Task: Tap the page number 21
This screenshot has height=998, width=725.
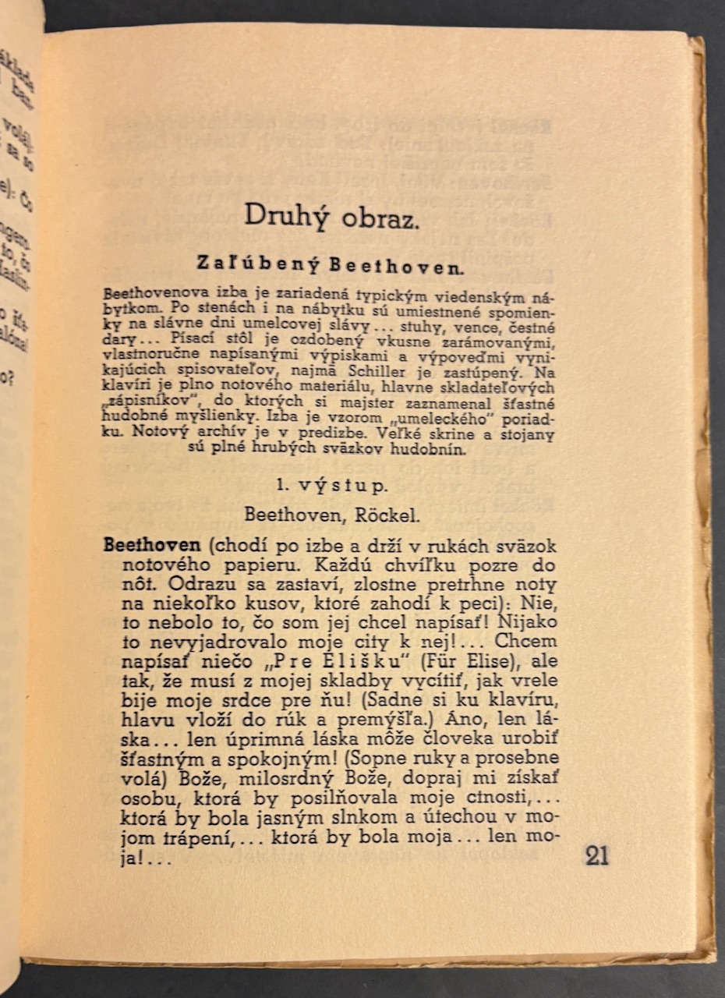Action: tap(596, 855)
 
